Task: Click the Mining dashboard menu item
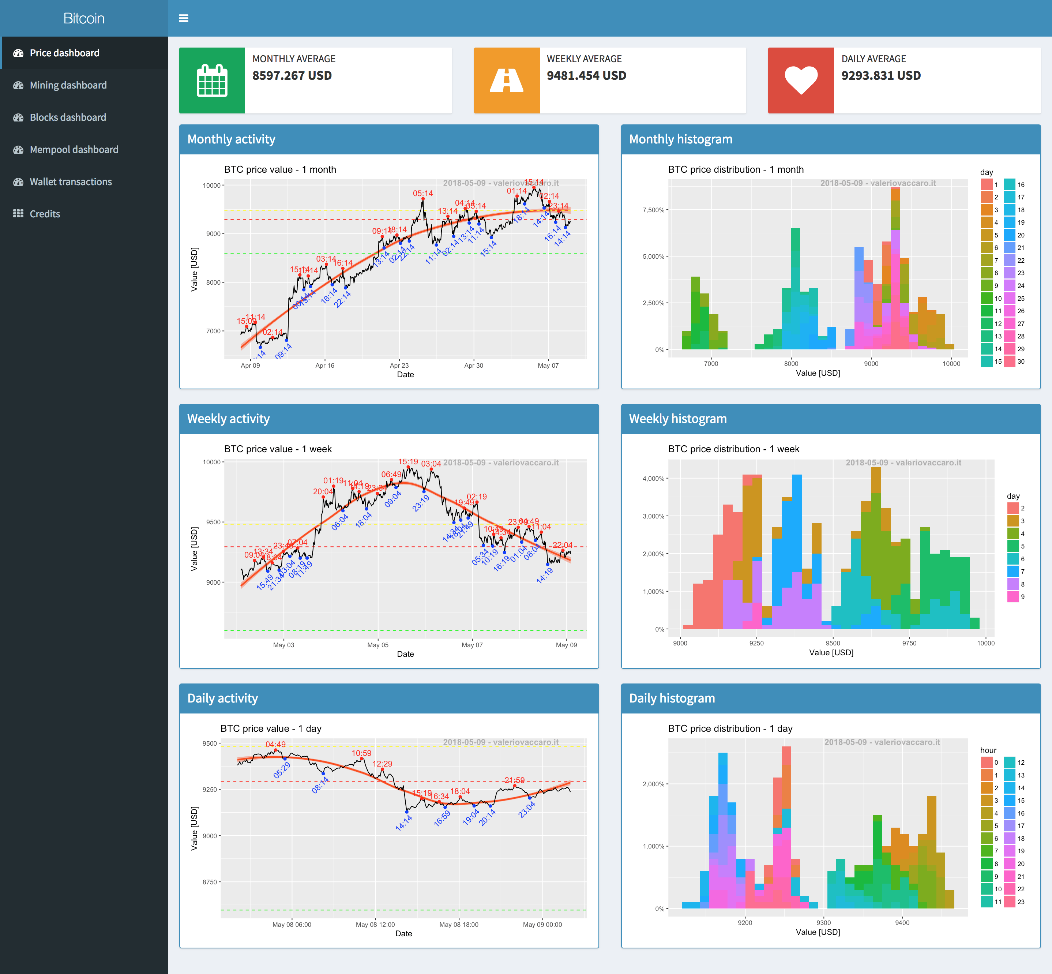(x=68, y=85)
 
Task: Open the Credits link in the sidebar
(x=45, y=214)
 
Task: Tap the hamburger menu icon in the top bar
(x=183, y=18)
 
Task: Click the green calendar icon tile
(x=212, y=80)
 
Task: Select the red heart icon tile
(x=800, y=80)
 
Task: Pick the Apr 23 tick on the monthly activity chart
(x=399, y=365)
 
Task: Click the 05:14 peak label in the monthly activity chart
(x=422, y=194)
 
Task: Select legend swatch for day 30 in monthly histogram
(x=1009, y=361)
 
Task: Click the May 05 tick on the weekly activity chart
(x=378, y=645)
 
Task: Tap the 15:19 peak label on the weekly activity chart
(x=408, y=462)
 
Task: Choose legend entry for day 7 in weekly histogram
(x=1012, y=571)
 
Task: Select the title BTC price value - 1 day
(x=271, y=728)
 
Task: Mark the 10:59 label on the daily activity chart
(x=361, y=753)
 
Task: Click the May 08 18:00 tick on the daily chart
(x=458, y=925)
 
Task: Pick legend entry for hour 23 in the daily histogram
(x=1009, y=902)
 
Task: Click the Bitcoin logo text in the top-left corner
(x=84, y=18)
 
